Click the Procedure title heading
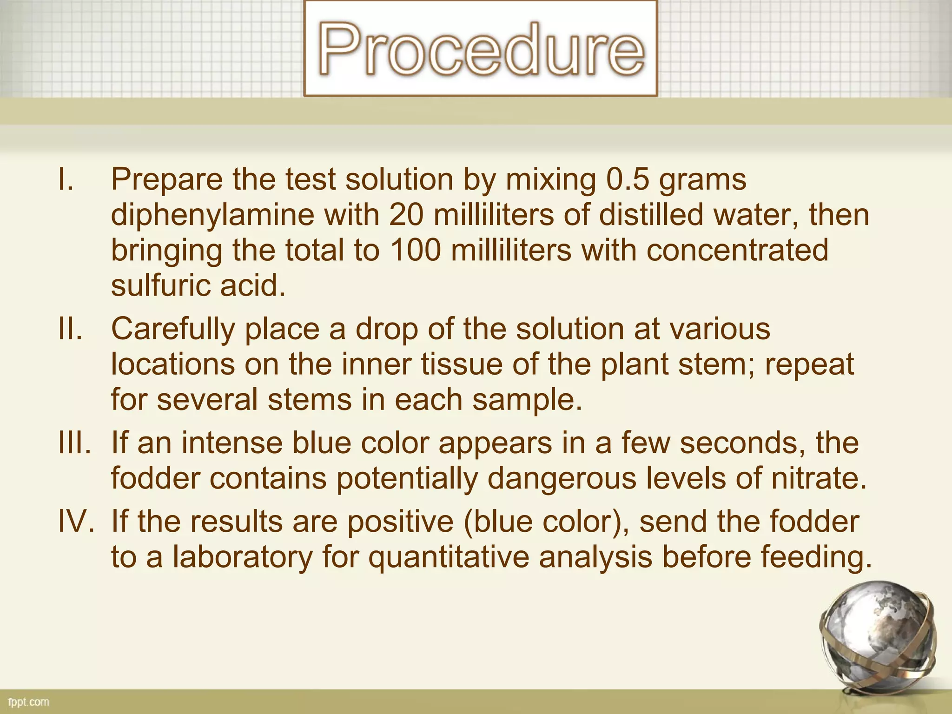tap(481, 49)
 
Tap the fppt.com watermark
tap(29, 702)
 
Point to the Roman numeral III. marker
tap(74, 443)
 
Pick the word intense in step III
tap(231, 443)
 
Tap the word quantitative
tap(449, 557)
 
